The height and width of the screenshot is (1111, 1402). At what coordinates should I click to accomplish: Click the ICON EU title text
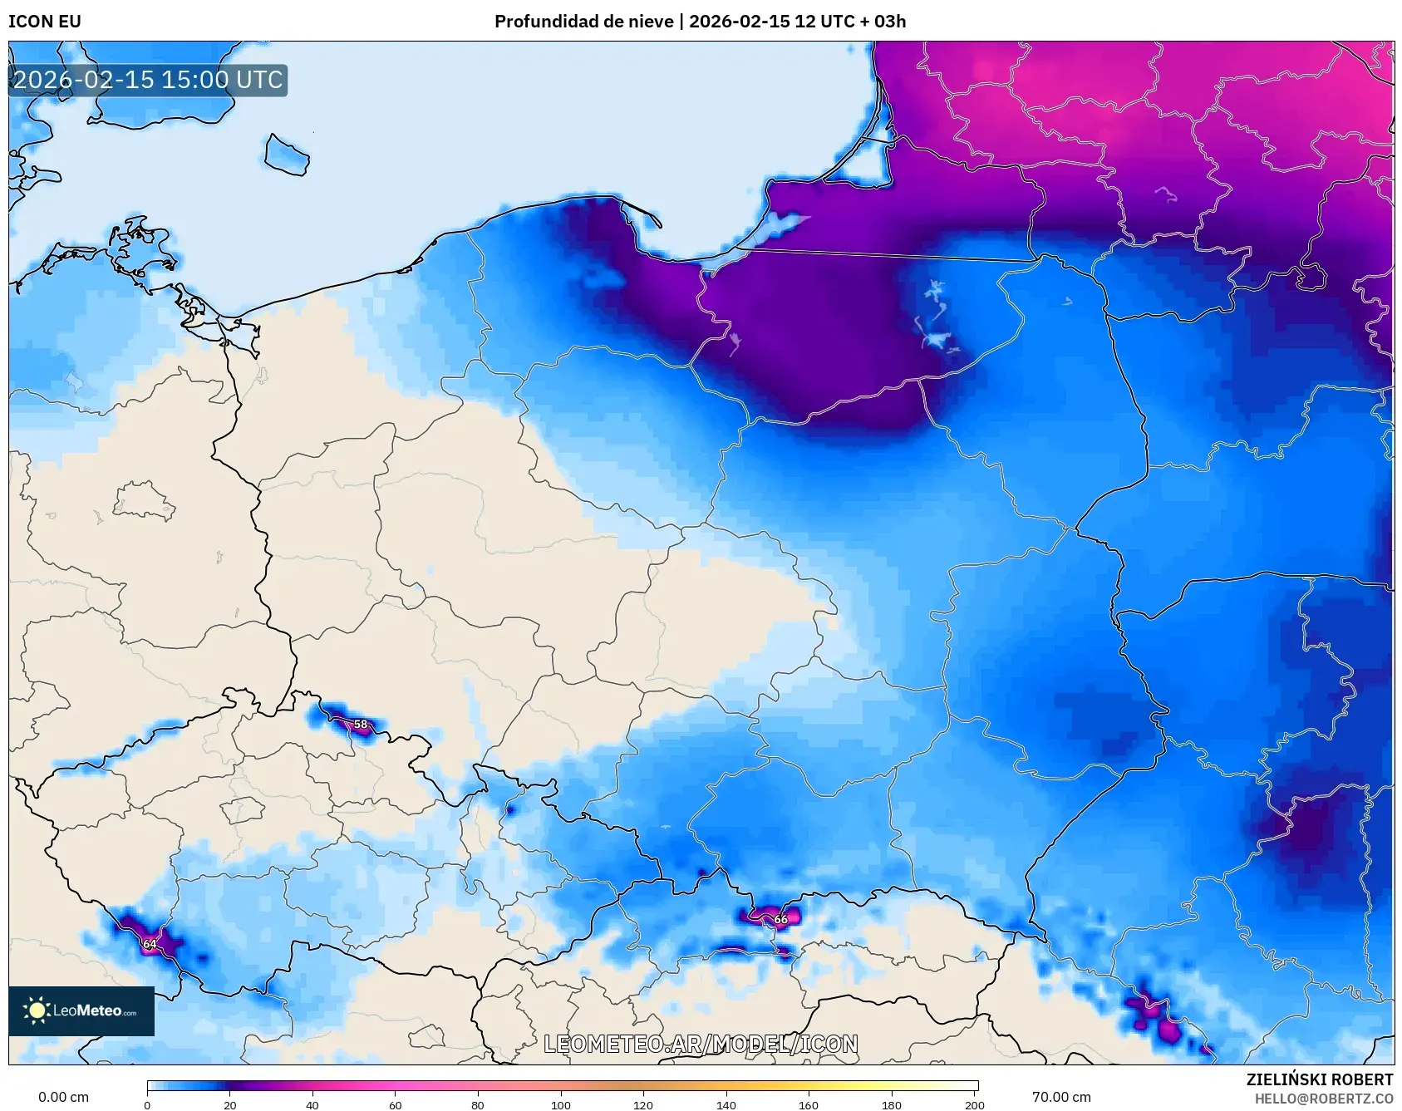coord(45,22)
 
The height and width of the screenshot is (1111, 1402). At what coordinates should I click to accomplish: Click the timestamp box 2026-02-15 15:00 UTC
coord(148,80)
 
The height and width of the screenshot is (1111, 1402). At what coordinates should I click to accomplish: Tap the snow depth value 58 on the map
coord(361,725)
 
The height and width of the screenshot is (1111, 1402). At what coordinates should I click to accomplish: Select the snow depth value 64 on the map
coord(150,944)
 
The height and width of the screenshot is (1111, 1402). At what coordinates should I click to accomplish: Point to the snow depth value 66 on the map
coord(780,919)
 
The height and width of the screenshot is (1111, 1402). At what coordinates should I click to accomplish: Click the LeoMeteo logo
coord(81,1011)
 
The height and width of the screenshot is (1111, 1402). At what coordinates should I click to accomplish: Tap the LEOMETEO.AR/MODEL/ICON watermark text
coord(701,1045)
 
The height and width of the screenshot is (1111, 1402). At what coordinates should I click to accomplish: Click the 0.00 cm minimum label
coord(63,1097)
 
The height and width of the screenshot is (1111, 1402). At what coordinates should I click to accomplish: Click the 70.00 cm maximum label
coord(1061,1097)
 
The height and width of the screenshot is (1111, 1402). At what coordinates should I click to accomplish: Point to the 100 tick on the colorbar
coord(561,1105)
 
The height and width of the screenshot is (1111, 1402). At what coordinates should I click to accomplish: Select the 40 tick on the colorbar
coord(312,1105)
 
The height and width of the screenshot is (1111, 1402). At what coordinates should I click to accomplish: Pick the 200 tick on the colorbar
coord(975,1105)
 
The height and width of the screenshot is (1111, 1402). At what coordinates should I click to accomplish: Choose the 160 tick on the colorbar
coord(809,1105)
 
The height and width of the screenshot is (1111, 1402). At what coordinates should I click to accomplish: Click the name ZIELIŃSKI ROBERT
coord(1320,1079)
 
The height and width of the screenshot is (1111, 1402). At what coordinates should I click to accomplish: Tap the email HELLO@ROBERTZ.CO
coord(1323,1099)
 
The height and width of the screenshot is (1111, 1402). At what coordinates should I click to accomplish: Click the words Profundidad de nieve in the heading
coord(583,22)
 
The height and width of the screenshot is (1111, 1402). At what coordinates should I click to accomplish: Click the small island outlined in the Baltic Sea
coord(287,155)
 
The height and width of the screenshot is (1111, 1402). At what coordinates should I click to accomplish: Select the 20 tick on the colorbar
coord(230,1105)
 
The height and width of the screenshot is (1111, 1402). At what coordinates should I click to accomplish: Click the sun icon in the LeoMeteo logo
coord(37,1010)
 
